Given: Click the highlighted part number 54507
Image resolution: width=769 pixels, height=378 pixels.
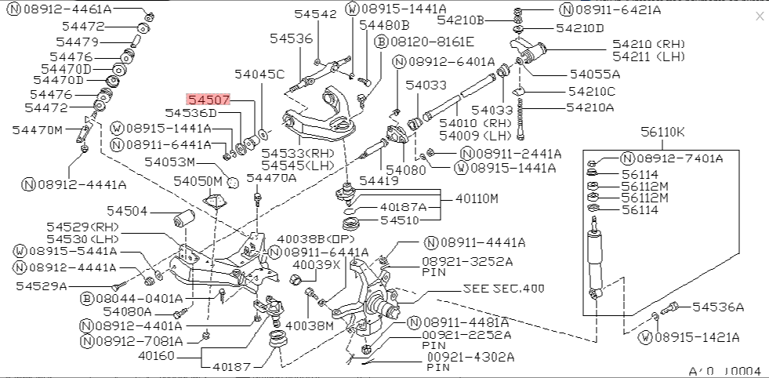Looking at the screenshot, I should pyautogui.click(x=208, y=100).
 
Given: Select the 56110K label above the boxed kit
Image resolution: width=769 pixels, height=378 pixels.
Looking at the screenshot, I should pyautogui.click(x=662, y=132).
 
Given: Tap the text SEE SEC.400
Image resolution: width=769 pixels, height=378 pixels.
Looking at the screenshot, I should pyautogui.click(x=503, y=289).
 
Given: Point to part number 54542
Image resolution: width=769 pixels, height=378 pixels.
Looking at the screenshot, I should pyautogui.click(x=315, y=14).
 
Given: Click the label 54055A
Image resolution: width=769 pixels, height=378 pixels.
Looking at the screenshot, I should pyautogui.click(x=594, y=75).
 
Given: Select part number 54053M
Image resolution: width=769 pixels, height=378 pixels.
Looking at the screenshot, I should pyautogui.click(x=169, y=162).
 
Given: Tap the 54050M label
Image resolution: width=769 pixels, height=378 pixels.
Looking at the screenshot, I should pyautogui.click(x=198, y=181).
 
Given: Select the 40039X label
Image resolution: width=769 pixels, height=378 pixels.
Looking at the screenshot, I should pyautogui.click(x=316, y=264).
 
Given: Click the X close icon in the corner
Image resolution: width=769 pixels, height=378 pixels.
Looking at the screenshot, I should pyautogui.click(x=758, y=16).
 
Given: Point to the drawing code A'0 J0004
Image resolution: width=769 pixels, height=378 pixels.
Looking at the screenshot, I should pyautogui.click(x=724, y=370).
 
